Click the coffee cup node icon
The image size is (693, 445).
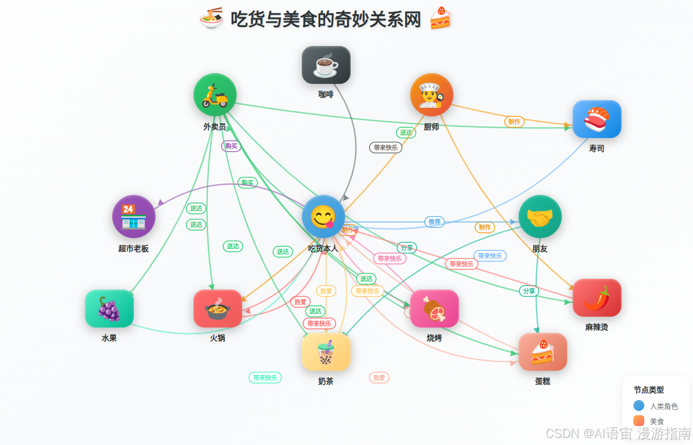(326, 65)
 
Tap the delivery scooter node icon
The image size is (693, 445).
(215, 95)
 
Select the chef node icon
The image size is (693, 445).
(431, 95)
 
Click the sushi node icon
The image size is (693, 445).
(597, 119)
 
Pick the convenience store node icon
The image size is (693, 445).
(133, 217)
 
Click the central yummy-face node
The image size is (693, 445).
(323, 217)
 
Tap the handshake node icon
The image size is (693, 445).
(540, 217)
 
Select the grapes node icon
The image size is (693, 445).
(109, 309)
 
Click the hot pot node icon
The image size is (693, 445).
(217, 309)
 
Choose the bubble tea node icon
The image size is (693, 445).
(326, 352)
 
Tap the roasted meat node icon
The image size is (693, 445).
(434, 309)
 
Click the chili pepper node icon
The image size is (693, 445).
(597, 298)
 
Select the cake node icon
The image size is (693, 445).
(542, 352)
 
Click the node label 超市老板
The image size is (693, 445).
(133, 248)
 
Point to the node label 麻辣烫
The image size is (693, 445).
(597, 327)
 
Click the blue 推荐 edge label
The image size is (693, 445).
(435, 221)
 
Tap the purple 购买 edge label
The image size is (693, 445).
(231, 146)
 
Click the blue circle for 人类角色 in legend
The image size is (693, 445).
(639, 405)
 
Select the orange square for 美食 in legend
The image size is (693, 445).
(639, 421)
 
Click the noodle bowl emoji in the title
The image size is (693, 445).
(211, 18)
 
